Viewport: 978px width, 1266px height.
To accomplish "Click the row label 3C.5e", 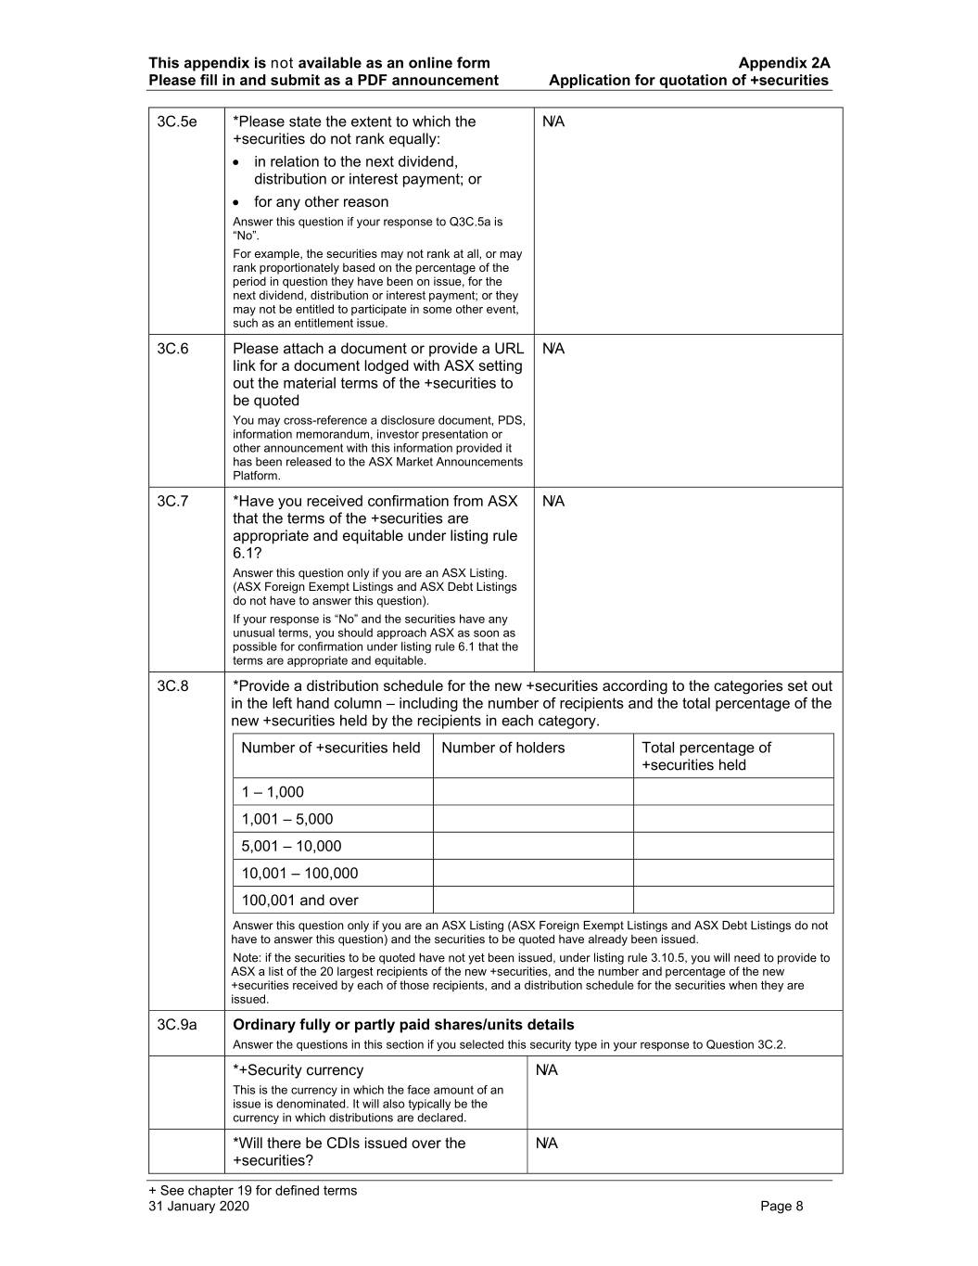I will [x=177, y=121].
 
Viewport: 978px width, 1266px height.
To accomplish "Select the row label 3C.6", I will [x=172, y=349].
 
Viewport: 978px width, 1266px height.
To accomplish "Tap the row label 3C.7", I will [x=172, y=502].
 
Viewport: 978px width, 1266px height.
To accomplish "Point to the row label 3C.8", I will [x=172, y=686].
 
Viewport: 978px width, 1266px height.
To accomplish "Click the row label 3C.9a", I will [x=177, y=1025].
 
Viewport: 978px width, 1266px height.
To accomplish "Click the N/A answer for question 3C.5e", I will [x=553, y=122].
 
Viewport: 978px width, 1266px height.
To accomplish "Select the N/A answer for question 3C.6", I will [x=553, y=350].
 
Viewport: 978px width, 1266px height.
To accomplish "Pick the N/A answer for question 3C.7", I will [x=553, y=502].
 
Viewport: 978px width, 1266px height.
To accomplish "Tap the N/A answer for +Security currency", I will [x=547, y=1071].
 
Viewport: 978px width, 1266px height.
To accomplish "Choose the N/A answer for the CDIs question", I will [x=547, y=1144].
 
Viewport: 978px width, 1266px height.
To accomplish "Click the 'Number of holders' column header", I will [x=502, y=748].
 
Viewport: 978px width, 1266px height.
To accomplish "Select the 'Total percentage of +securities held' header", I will [x=705, y=756].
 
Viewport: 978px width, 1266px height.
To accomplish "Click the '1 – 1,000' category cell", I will [x=273, y=792].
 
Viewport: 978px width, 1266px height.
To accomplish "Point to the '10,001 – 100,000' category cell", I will [x=299, y=874].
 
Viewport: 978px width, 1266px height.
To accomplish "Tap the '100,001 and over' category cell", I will [x=299, y=901].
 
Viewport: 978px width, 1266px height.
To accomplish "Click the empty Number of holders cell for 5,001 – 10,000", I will [x=533, y=846].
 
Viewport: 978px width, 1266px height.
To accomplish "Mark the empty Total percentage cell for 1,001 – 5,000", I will [x=733, y=819].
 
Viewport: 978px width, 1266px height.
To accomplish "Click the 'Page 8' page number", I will [x=781, y=1207].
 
